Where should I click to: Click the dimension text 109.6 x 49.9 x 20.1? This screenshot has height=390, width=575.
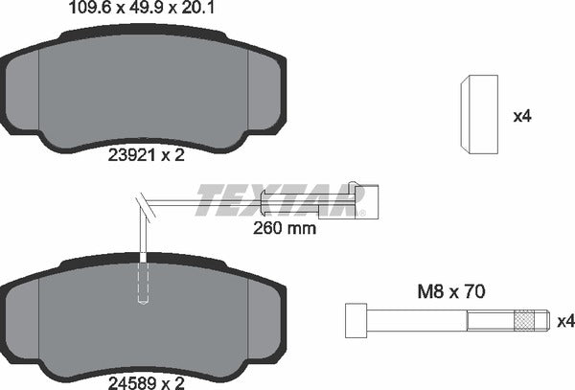pos(141,10)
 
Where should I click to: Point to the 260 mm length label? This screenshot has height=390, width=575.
pos(283,229)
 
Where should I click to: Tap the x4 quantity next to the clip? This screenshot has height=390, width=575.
pos(521,116)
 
